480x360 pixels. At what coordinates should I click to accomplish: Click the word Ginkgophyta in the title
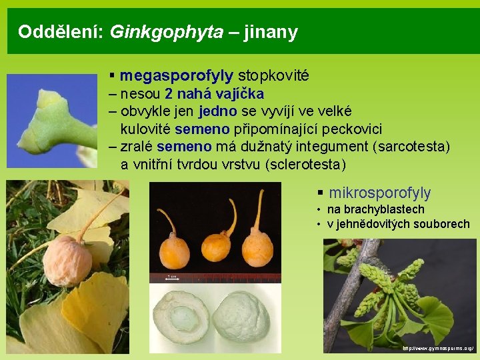[166, 32]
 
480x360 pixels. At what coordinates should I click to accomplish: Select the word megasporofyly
[177, 76]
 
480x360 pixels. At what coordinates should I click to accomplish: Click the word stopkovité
[273, 76]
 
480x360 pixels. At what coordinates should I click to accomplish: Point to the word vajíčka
[236, 93]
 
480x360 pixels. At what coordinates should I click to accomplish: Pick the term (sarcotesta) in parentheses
[413, 146]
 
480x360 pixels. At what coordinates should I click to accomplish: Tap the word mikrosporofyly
[380, 193]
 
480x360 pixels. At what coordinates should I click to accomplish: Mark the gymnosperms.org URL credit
[439, 348]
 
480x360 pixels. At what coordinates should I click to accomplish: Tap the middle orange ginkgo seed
[216, 247]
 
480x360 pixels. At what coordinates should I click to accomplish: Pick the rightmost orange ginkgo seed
[257, 248]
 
